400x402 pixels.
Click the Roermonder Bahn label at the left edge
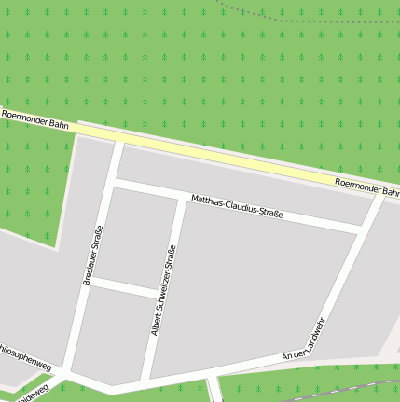tap(35, 118)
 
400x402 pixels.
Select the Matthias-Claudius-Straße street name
tap(237, 207)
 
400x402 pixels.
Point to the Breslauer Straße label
tap(91, 255)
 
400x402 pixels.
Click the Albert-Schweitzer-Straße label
tap(163, 290)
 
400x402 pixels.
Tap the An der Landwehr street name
tap(303, 341)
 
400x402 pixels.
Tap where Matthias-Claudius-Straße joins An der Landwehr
tap(363, 229)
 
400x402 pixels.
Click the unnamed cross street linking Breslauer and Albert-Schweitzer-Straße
tap(127, 287)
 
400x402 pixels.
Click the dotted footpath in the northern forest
tap(252, 13)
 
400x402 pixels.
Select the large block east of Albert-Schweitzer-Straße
tap(261, 289)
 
